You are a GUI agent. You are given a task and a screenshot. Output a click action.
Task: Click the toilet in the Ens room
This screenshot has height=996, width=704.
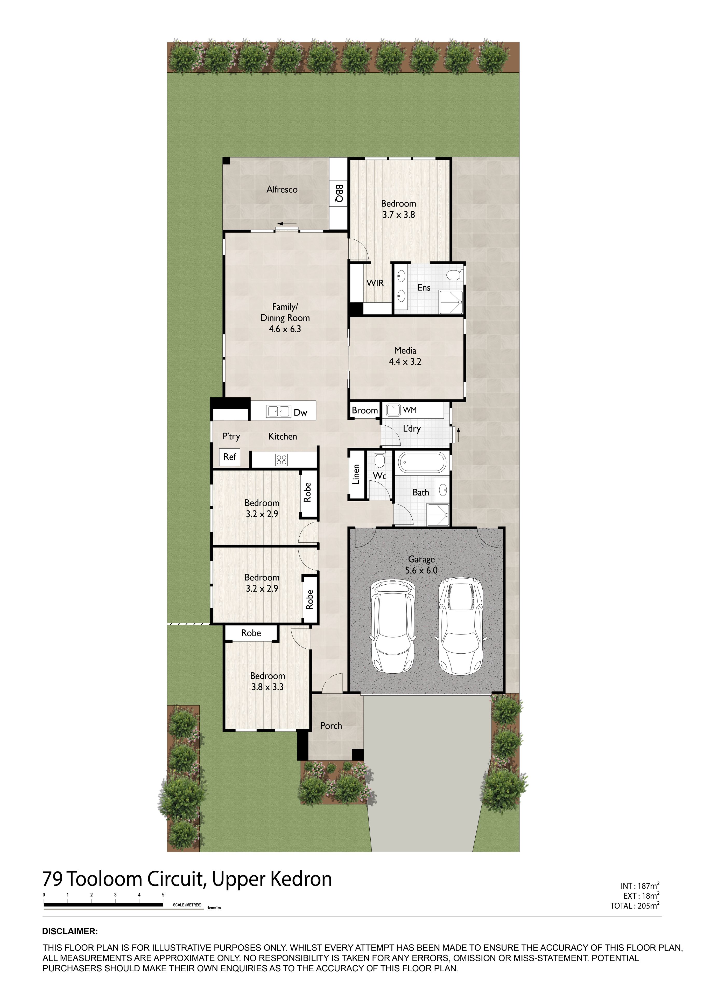(x=455, y=275)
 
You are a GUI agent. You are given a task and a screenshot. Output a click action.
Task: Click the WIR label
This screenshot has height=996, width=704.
(x=375, y=283)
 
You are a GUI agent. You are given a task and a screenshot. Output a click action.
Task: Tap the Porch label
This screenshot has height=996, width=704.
(x=331, y=726)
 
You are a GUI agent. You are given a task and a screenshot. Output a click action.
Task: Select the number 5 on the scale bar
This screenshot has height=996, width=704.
(x=163, y=895)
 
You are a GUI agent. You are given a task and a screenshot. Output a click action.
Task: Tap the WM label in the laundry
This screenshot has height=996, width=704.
(x=410, y=410)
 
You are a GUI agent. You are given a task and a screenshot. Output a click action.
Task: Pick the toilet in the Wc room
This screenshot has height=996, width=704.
(x=380, y=459)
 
